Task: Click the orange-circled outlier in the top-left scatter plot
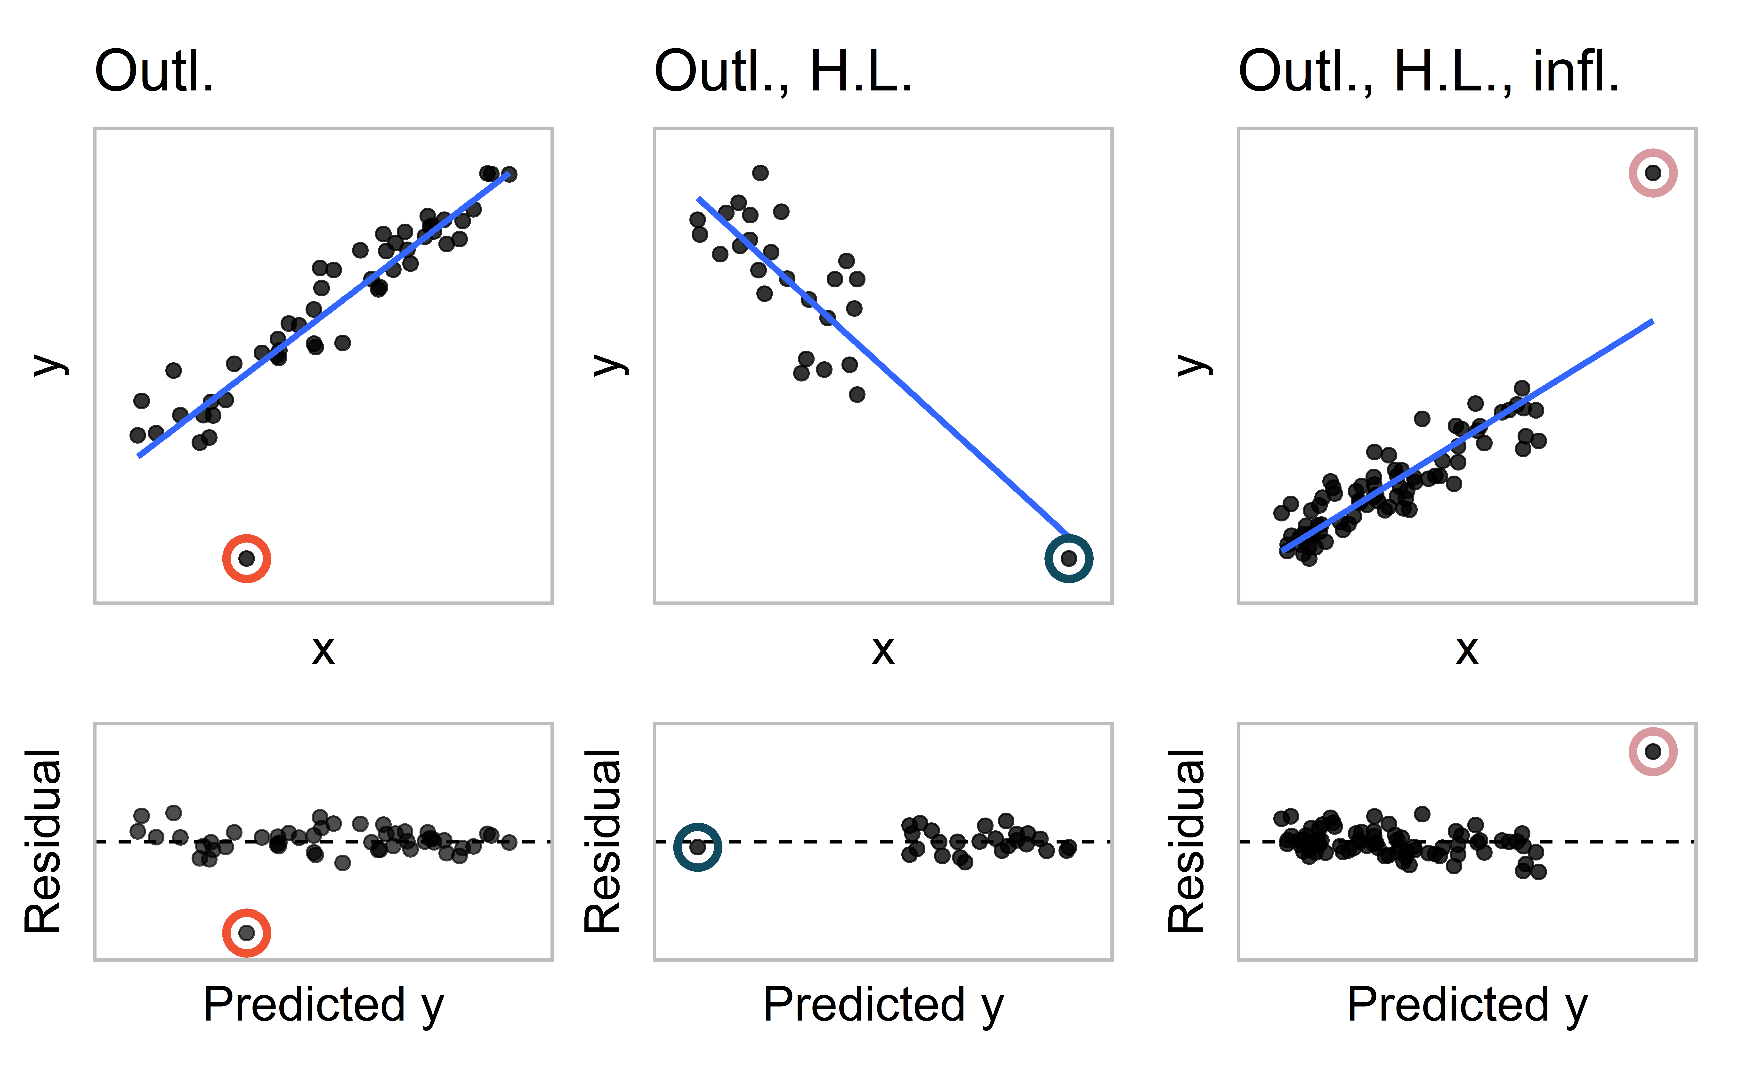(246, 558)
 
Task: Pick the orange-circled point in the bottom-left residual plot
(246, 932)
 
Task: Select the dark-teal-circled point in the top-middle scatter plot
(1068, 558)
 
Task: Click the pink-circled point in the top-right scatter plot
(1653, 173)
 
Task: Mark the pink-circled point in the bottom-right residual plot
(1653, 751)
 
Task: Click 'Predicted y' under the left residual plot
(323, 1005)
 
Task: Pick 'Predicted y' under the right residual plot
(1467, 1005)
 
